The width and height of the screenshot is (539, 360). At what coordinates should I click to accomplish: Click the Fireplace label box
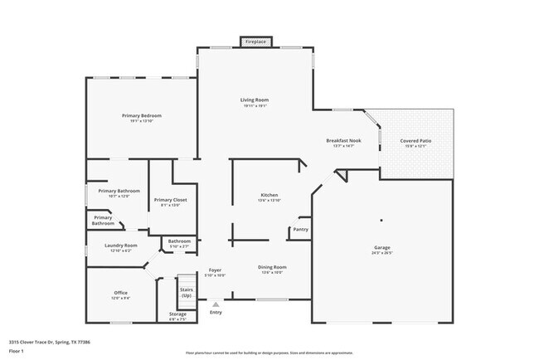click(x=255, y=40)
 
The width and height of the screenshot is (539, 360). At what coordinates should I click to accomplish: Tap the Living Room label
click(x=255, y=100)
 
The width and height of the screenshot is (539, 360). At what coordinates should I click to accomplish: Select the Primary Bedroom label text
click(x=141, y=115)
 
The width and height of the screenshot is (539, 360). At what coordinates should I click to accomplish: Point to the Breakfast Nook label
click(x=343, y=141)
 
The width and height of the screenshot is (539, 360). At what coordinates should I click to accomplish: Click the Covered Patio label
click(x=415, y=141)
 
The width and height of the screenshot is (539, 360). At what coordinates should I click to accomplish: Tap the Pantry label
click(x=300, y=229)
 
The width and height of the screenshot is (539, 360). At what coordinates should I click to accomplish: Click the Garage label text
click(x=381, y=247)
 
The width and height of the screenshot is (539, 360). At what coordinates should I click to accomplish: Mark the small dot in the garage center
click(x=381, y=220)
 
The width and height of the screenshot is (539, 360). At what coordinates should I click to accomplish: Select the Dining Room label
click(x=273, y=267)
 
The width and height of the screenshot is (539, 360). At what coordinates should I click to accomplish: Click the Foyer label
click(x=215, y=270)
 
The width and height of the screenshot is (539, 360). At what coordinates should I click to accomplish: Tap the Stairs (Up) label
click(x=187, y=293)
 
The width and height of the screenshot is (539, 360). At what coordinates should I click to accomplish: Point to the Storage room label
click(x=177, y=314)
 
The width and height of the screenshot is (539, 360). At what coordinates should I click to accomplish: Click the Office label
click(x=120, y=293)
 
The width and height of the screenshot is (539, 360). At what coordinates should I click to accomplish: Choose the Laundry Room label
click(x=120, y=246)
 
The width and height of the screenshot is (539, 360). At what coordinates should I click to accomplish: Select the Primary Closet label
click(x=170, y=200)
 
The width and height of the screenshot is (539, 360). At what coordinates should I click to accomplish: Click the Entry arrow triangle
click(x=216, y=304)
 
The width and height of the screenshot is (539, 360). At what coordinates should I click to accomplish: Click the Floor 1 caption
click(x=17, y=351)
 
